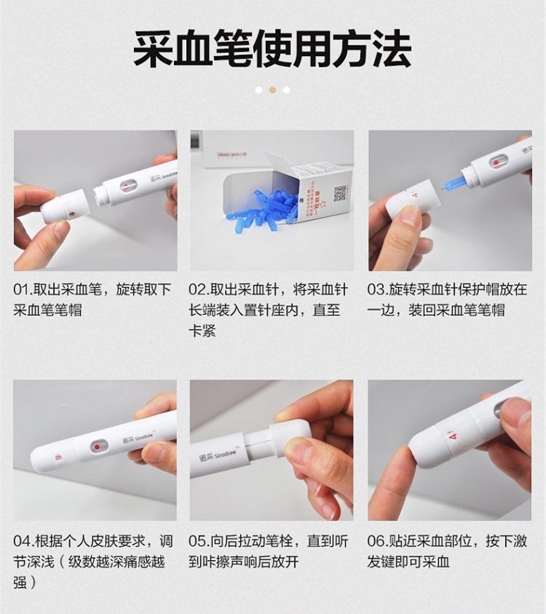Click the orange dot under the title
coord(273,90)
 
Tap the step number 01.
coord(21,290)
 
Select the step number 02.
coord(197,290)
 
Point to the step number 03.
coord(376,290)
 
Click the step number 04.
coord(22,542)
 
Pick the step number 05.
coord(197,542)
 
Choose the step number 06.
coord(376,542)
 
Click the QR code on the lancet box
coord(340,194)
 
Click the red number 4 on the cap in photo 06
coord(454,436)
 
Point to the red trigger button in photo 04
coord(97,446)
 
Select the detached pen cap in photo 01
coord(65,206)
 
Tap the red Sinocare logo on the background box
coord(232,154)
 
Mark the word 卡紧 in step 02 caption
coord(202,331)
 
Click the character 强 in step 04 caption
coord(20,582)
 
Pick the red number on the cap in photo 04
coord(58,457)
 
